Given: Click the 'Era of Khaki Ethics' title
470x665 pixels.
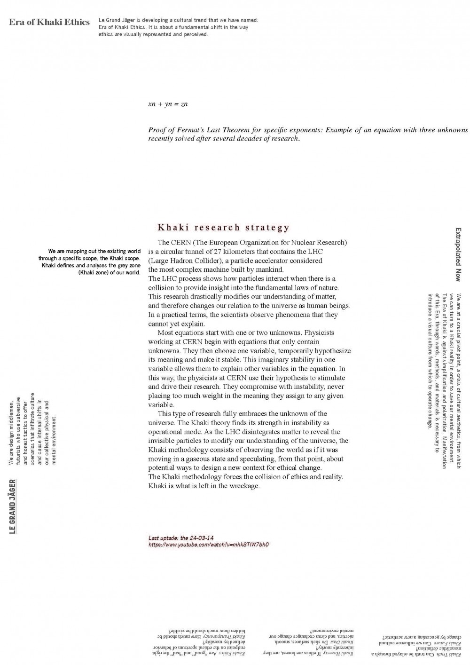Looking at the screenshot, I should point(49,22).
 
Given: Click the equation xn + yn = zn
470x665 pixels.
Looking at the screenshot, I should point(168,104).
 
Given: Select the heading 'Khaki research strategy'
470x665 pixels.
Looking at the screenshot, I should point(223,228).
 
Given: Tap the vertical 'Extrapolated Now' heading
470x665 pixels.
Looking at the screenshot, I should point(458,254).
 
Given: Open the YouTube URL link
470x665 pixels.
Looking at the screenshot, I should point(208,545).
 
